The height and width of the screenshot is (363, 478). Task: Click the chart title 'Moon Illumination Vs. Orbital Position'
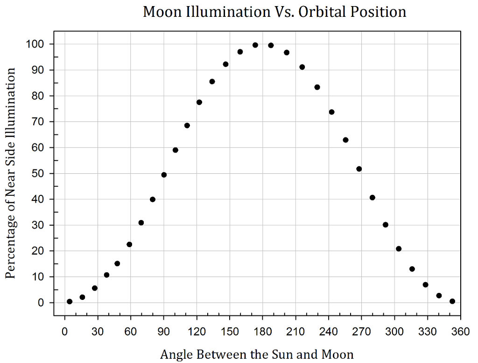point(274,12)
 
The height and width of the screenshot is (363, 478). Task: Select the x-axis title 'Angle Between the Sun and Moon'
point(257,354)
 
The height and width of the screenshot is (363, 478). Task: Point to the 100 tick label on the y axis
point(37,44)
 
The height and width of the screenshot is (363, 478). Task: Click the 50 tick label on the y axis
point(40,174)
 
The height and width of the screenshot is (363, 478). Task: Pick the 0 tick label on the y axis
point(42,303)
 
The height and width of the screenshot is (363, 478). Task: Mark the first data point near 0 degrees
point(70,302)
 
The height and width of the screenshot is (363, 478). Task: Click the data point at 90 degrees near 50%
point(164,175)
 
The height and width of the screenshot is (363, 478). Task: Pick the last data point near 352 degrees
point(452,301)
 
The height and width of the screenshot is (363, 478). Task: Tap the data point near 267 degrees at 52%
point(359,169)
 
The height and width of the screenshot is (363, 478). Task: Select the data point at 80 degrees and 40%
point(153,199)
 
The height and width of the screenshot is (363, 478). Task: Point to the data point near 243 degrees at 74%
point(332,112)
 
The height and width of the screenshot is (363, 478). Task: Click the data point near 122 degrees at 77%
point(199,102)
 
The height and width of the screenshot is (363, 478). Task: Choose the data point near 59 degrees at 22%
point(129,244)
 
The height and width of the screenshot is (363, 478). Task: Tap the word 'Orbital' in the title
point(325,12)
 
